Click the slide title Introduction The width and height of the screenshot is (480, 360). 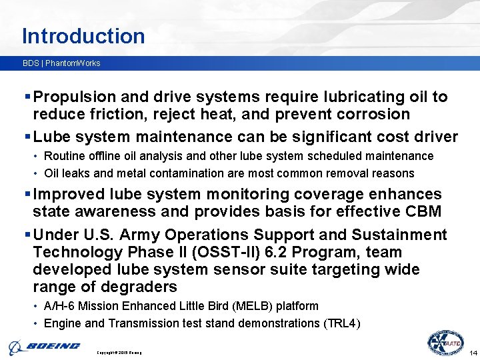coord(83,35)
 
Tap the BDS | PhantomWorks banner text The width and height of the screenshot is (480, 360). coord(61,63)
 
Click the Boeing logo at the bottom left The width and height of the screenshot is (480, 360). coord(44,346)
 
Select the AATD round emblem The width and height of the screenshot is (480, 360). coord(445,343)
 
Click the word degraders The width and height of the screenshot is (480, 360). coord(139,287)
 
